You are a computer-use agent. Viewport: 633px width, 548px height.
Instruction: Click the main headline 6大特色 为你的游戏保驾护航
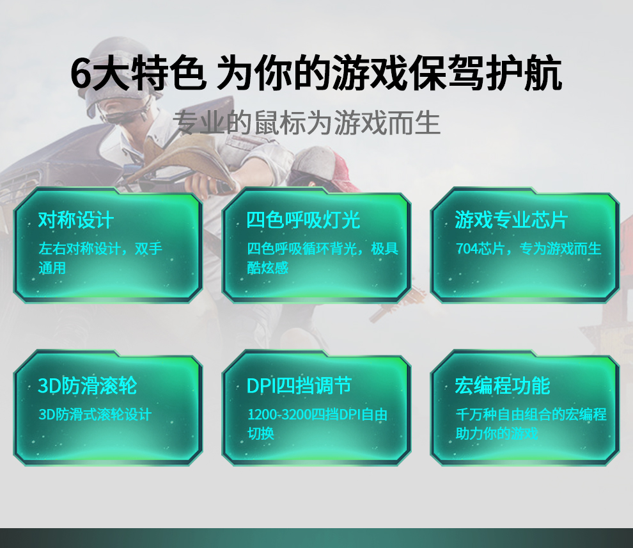[x=316, y=73]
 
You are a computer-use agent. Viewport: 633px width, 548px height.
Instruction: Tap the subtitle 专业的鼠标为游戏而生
[x=307, y=122]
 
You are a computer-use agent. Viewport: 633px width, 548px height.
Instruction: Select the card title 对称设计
[x=76, y=220]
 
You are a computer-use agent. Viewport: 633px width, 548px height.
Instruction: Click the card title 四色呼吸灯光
[x=303, y=220]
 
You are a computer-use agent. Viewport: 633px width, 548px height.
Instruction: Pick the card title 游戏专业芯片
[x=512, y=220]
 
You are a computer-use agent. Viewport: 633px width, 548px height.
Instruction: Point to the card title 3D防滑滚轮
[x=87, y=385]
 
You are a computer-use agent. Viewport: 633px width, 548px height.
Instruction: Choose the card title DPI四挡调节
[x=299, y=385]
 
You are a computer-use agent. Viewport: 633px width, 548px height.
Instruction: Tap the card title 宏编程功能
[x=502, y=385]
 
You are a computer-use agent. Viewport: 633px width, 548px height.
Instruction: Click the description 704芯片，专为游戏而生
[x=528, y=248]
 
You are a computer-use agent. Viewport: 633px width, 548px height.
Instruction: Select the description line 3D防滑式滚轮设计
[x=95, y=414]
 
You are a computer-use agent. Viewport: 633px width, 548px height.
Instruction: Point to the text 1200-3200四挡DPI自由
[x=317, y=414]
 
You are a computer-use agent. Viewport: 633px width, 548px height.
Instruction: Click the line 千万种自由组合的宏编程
[x=531, y=414]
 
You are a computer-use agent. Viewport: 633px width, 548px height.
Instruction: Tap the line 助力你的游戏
[x=497, y=433]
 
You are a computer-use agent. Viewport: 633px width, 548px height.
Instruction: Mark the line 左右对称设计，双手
[x=100, y=248]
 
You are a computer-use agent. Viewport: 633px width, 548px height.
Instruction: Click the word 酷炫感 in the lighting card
[x=268, y=268]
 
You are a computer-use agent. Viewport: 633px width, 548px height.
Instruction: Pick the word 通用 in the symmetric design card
[x=52, y=268]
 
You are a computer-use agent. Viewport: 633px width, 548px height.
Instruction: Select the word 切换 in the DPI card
[x=261, y=433]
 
